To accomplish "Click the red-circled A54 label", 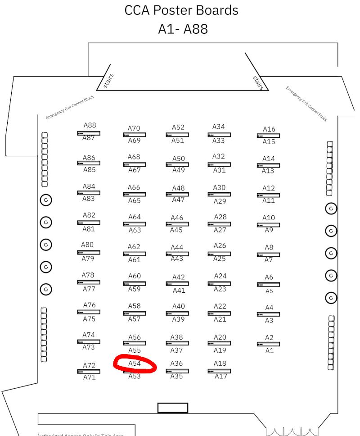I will pyautogui.click(x=135, y=363).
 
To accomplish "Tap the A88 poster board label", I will pyautogui.click(x=90, y=126).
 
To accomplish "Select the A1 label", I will pyautogui.click(x=270, y=350).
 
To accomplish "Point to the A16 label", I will pyautogui.click(x=269, y=129).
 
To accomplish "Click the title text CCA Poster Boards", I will pyautogui.click(x=181, y=10).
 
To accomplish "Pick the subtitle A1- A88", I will pyautogui.click(x=183, y=29).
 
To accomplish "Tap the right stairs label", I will pyautogui.click(x=258, y=82).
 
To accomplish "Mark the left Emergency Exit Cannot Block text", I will pyautogui.click(x=70, y=108).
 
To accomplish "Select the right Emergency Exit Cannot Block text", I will pyautogui.click(x=306, y=103).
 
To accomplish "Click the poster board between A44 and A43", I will pyautogui.click(x=177, y=254).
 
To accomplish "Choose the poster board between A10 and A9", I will pyautogui.click(x=268, y=224).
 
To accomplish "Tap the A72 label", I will pyautogui.click(x=89, y=365).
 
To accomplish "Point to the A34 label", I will pyautogui.click(x=219, y=127).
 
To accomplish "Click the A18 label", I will pyautogui.click(x=220, y=363).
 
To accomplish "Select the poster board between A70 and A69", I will pyautogui.click(x=134, y=135).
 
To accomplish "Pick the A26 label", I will pyautogui.click(x=220, y=245).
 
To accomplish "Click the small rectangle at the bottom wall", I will pyautogui.click(x=172, y=408).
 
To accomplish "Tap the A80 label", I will pyautogui.click(x=87, y=245).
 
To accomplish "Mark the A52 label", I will pyautogui.click(x=178, y=127).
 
